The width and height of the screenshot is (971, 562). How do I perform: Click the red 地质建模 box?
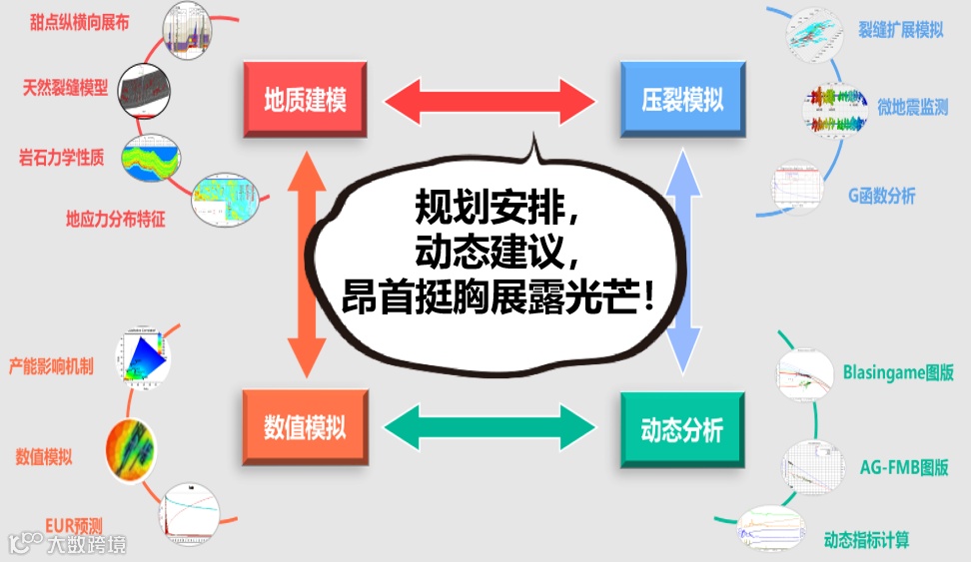pyautogui.click(x=305, y=101)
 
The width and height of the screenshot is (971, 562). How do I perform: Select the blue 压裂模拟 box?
pyautogui.click(x=682, y=101)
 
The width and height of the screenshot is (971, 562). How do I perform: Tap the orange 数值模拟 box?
pyautogui.click(x=305, y=428)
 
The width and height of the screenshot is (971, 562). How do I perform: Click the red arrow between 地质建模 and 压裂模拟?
pyautogui.click(x=490, y=101)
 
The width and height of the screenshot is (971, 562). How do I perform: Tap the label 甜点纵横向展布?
pyautogui.click(x=79, y=21)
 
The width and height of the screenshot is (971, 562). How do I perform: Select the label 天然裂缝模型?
pyautogui.click(x=65, y=87)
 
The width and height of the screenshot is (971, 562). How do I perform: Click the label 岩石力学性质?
pyautogui.click(x=61, y=157)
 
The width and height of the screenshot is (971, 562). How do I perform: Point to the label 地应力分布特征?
pyautogui.click(x=115, y=220)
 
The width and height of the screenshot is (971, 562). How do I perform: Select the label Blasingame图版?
pyautogui.click(x=897, y=373)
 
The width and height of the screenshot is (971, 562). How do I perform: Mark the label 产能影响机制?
pyautogui.click(x=51, y=366)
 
